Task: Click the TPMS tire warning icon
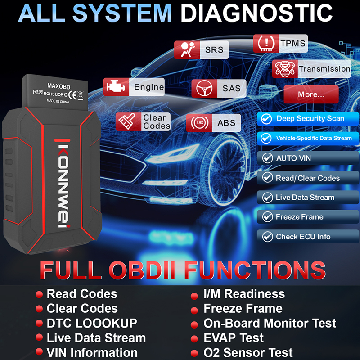pyautogui.click(x=266, y=43)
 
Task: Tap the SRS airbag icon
pyautogui.click(x=187, y=49)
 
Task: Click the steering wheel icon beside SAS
pyautogui.click(x=204, y=88)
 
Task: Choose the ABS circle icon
pyautogui.click(x=199, y=123)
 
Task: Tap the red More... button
pyautogui.click(x=311, y=94)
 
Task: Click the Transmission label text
pyautogui.click(x=324, y=69)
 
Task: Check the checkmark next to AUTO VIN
pyautogui.click(x=267, y=158)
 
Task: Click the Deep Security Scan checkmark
pyautogui.click(x=266, y=119)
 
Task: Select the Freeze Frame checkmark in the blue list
pyautogui.click(x=267, y=217)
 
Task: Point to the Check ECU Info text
pyautogui.click(x=303, y=237)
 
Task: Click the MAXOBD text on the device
pyautogui.click(x=59, y=86)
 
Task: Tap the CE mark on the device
pyautogui.click(x=73, y=94)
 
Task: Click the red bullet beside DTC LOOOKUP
pyautogui.click(x=39, y=323)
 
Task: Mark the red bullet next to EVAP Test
pyautogui.click(x=194, y=339)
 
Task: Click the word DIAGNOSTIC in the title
pyautogui.click(x=256, y=13)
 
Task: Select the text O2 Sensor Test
pyautogui.click(x=248, y=352)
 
